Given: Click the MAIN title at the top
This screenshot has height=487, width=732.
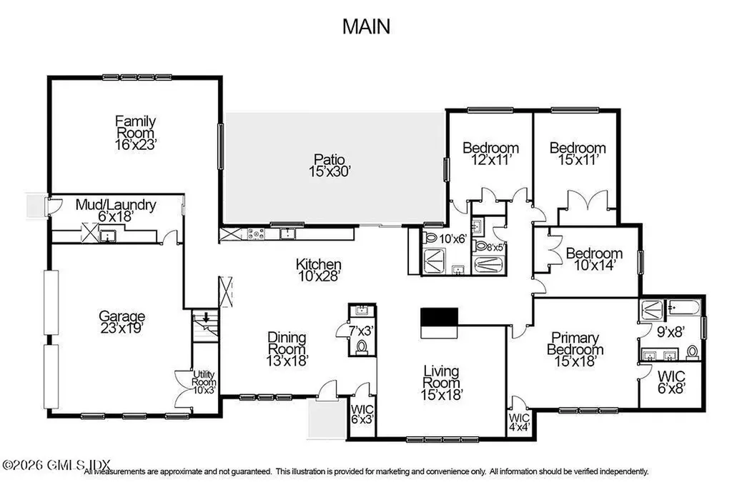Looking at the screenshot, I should pyautogui.click(x=366, y=26).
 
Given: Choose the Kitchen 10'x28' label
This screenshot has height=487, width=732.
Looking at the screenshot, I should pyautogui.click(x=318, y=269).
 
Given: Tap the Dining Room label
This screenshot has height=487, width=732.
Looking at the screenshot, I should pyautogui.click(x=287, y=348).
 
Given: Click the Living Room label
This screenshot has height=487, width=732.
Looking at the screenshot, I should pyautogui.click(x=441, y=381).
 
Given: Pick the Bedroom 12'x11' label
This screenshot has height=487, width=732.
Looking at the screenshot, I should pyautogui.click(x=490, y=154).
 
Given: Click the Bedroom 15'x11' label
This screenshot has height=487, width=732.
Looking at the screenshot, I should pyautogui.click(x=577, y=154).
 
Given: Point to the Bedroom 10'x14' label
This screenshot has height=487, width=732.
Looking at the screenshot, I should pyautogui.click(x=594, y=259).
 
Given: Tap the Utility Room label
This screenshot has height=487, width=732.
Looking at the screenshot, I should pyautogui.click(x=204, y=383).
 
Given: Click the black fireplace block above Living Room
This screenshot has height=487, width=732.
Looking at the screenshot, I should pyautogui.click(x=438, y=316).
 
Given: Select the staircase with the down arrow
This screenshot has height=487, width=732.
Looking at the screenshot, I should pyautogui.click(x=205, y=326).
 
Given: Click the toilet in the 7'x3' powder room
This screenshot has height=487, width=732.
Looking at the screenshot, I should pyautogui.click(x=361, y=346).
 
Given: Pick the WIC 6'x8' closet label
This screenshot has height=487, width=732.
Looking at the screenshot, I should pyautogui.click(x=671, y=382).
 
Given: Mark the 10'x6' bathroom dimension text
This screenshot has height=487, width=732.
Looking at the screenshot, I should pyautogui.click(x=452, y=239).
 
